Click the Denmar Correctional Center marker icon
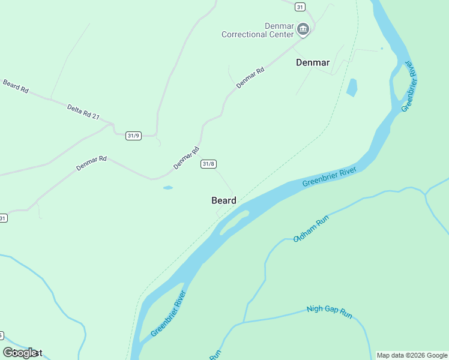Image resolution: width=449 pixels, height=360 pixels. [x=303, y=29]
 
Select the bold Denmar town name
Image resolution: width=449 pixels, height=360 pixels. [x=313, y=62]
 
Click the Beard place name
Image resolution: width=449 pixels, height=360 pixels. [x=224, y=200]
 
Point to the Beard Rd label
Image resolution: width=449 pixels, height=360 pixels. [x=16, y=86]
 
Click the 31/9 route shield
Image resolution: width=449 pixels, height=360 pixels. [x=133, y=136]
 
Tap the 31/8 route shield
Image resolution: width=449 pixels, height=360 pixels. [x=208, y=164]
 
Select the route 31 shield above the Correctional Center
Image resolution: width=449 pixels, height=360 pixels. [x=300, y=7]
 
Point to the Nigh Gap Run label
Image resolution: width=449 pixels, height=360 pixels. [x=329, y=310]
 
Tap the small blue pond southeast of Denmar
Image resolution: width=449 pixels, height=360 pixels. [x=352, y=88]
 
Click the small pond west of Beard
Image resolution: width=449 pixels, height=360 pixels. [x=168, y=188]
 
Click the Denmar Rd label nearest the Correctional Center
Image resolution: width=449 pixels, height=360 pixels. [x=250, y=79]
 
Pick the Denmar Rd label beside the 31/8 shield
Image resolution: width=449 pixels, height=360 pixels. [x=186, y=158]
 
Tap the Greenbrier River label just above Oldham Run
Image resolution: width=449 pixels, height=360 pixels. [x=330, y=177]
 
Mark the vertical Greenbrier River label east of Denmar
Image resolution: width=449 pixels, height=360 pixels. [x=409, y=86]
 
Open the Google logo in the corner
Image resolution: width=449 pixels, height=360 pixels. [x=20, y=353]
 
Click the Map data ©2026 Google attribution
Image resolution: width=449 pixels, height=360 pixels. [x=412, y=355]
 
